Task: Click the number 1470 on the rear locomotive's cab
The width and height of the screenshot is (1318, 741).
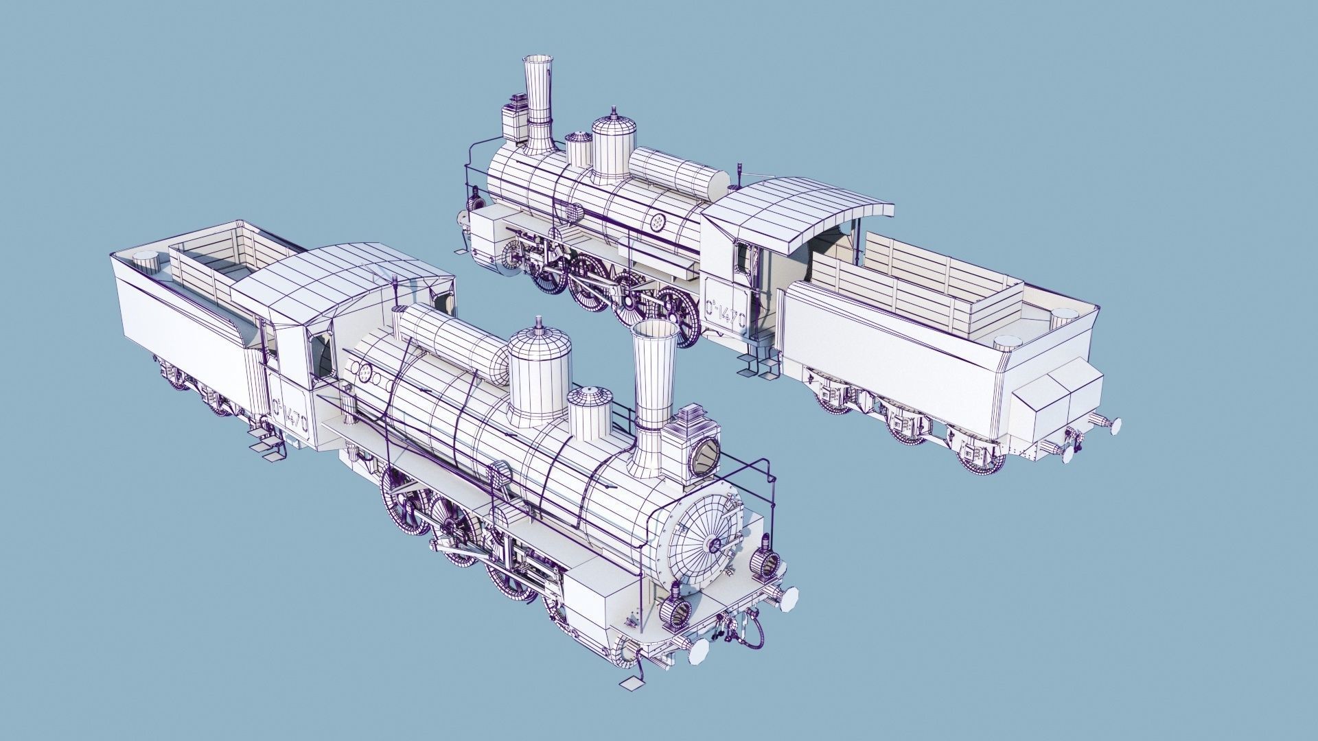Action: (x=725, y=315)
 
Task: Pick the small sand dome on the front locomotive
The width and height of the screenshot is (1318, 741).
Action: (x=590, y=412)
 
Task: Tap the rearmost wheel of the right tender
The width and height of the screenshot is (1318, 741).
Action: (x=982, y=456)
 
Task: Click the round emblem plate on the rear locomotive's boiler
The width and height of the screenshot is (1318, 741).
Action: (x=658, y=222)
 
